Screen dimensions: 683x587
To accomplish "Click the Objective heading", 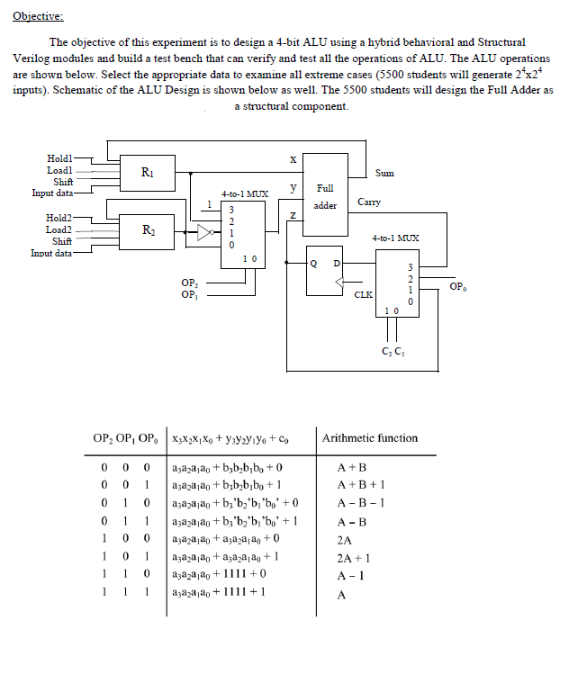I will (39, 16).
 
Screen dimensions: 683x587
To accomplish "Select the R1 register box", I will (146, 171).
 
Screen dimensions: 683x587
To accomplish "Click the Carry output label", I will (369, 202).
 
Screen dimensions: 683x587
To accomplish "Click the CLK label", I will (363, 293).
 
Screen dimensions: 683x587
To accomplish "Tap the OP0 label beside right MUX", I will (456, 287).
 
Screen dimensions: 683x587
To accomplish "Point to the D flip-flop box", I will (325, 270).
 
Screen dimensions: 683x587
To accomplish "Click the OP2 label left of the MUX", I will (190, 283).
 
